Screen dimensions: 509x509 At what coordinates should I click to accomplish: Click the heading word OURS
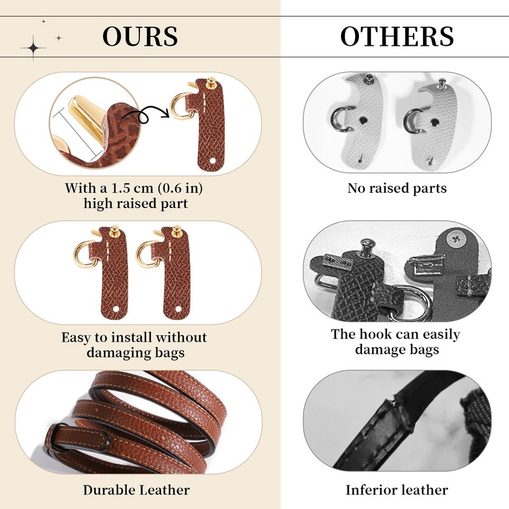point(140,36)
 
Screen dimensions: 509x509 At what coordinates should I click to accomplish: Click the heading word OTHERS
point(397,36)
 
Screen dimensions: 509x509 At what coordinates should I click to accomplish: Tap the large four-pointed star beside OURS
point(32,47)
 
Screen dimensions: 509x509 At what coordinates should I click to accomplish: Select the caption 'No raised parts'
point(397,188)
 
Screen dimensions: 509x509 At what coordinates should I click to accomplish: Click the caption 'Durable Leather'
point(136,490)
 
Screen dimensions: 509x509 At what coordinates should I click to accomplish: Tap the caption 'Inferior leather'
point(397,490)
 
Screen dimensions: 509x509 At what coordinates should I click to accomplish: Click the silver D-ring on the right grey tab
point(414,119)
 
